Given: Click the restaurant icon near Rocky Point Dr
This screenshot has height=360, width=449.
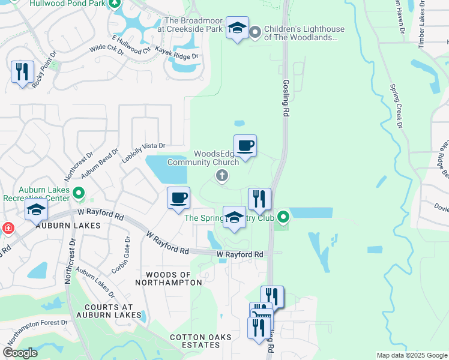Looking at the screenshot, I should pyautogui.click(x=22, y=72).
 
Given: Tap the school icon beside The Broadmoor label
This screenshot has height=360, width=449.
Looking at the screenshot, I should pyautogui.click(x=237, y=28).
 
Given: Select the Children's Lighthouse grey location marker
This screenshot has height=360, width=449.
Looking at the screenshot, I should pyautogui.click(x=255, y=31).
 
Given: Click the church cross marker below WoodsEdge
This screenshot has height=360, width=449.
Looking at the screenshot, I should pyautogui.click(x=221, y=175).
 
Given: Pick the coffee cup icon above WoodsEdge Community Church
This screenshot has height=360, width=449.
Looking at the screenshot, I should pyautogui.click(x=245, y=146).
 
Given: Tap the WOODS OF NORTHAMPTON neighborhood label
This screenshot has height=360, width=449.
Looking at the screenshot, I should pyautogui.click(x=163, y=278).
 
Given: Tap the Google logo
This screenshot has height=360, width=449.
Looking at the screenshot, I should pyautogui.click(x=20, y=353).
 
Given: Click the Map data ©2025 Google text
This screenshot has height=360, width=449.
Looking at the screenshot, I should pyautogui.click(x=411, y=355).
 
